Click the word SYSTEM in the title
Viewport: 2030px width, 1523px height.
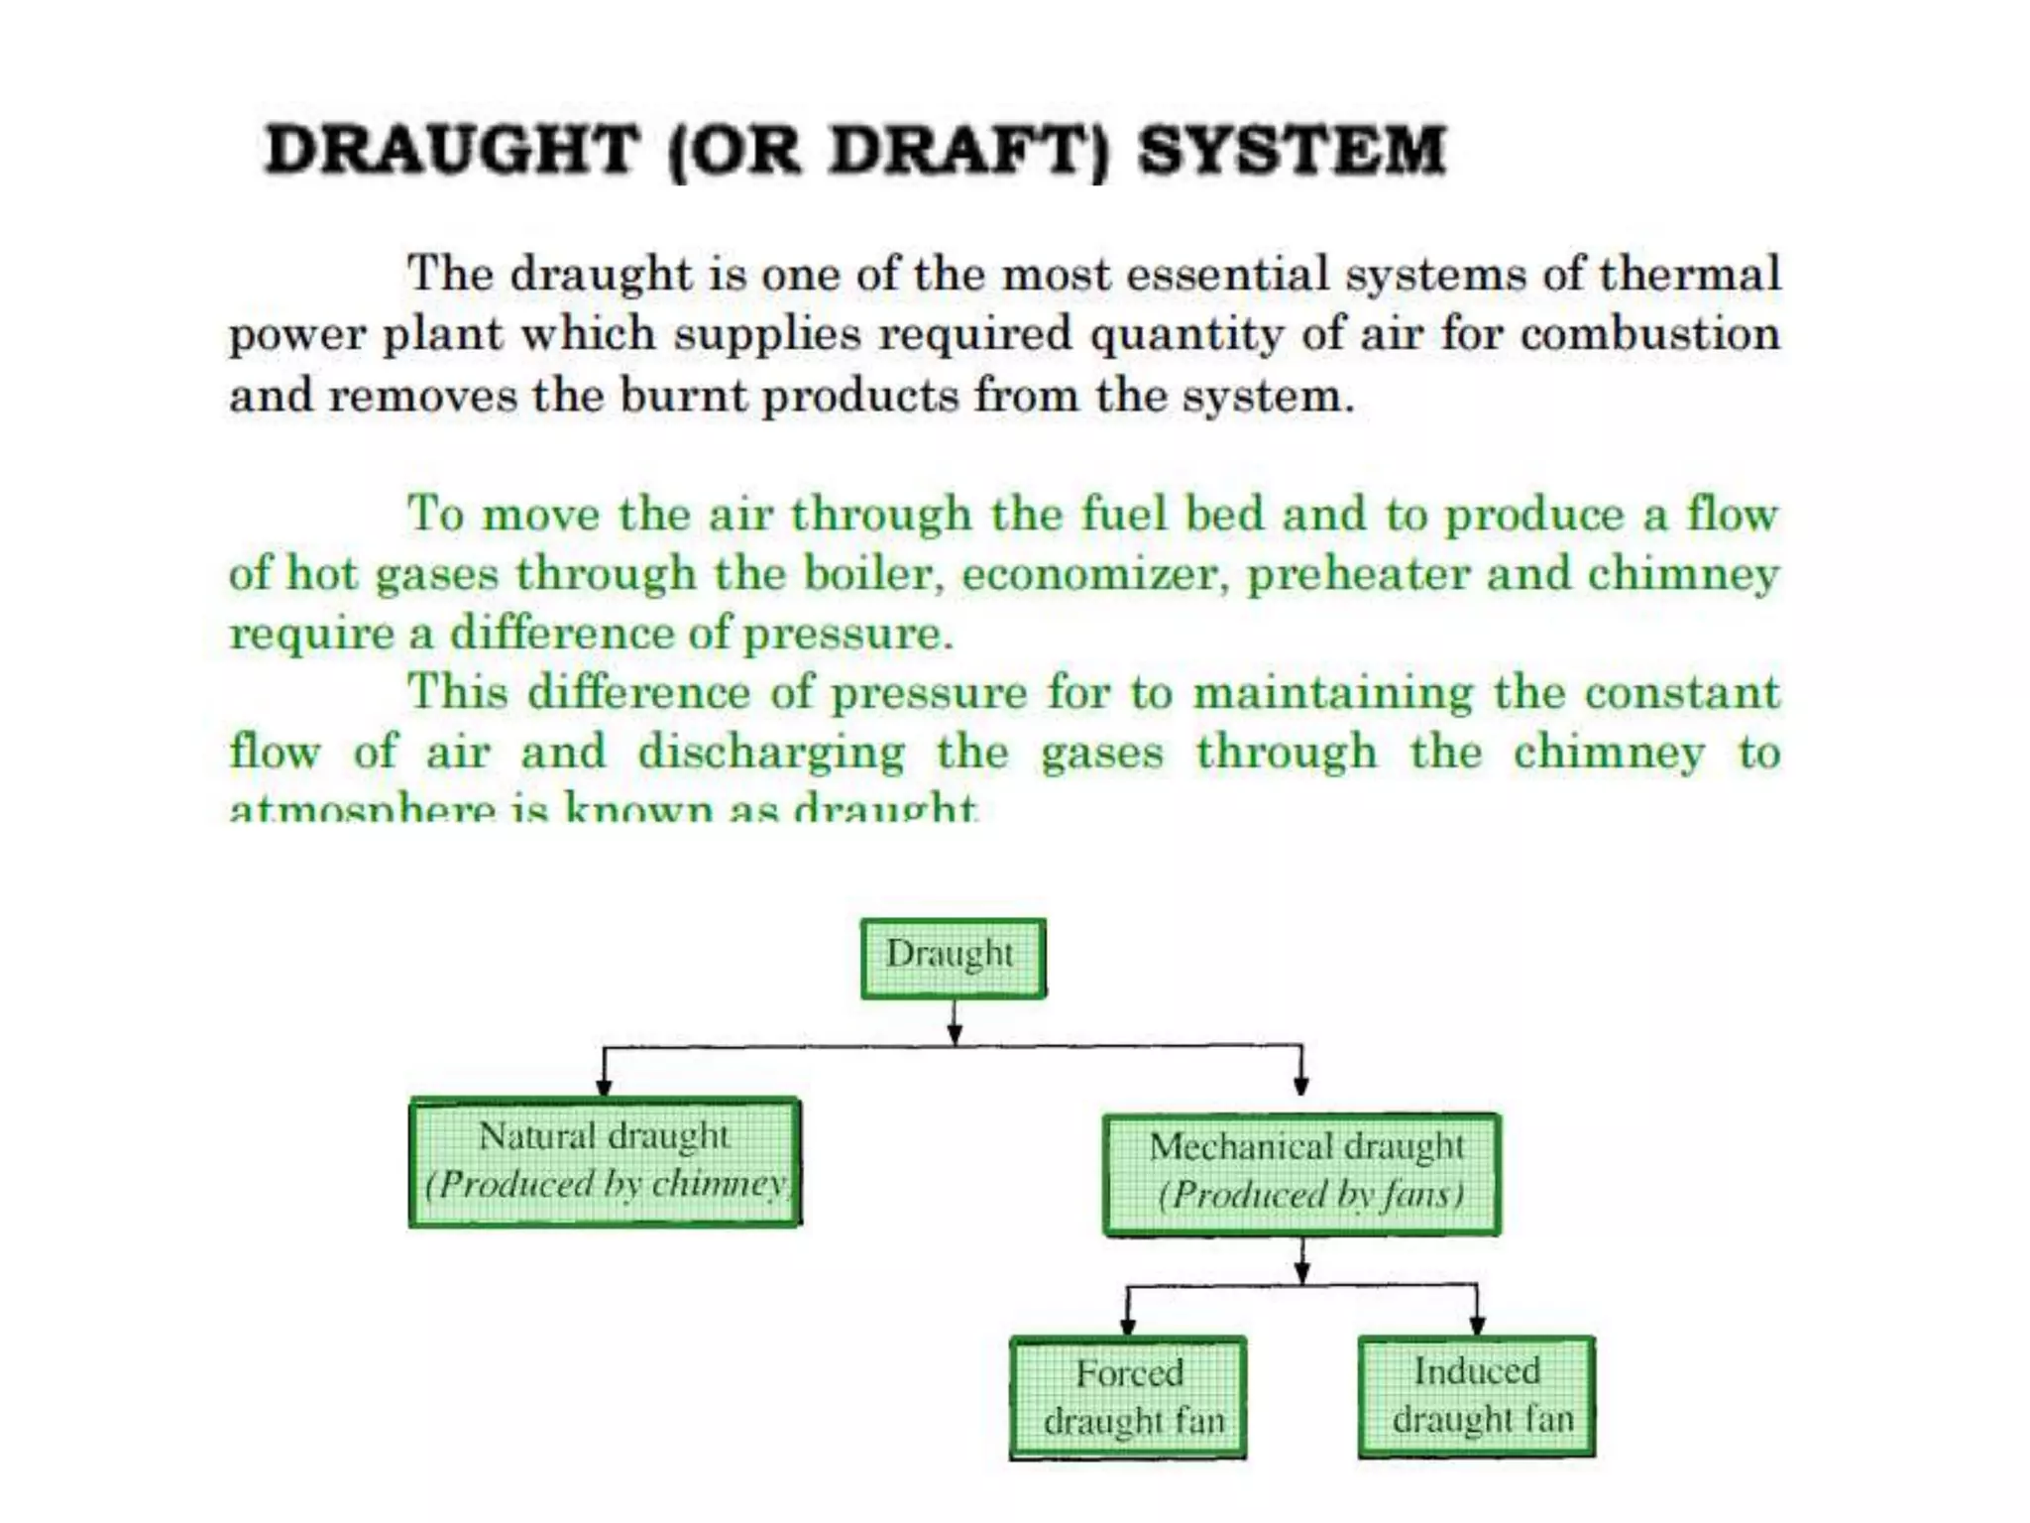tap(1292, 151)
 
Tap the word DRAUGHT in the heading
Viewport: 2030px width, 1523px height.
tap(451, 151)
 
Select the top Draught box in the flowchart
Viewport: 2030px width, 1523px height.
tap(952, 957)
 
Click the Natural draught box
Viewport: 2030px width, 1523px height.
tap(605, 1161)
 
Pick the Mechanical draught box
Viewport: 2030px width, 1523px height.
tap(1301, 1174)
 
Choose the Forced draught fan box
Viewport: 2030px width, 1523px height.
tap(1128, 1397)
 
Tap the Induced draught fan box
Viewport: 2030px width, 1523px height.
tap(1476, 1396)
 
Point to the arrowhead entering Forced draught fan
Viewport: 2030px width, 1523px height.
tap(1127, 1326)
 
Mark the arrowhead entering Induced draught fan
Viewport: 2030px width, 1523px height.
tap(1477, 1326)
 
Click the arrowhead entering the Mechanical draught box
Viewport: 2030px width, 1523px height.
tap(1301, 1085)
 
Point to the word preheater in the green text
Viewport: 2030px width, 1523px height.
tap(1357, 574)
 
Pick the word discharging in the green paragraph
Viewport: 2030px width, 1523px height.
tap(771, 753)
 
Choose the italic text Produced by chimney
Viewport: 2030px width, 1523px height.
tap(607, 1184)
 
